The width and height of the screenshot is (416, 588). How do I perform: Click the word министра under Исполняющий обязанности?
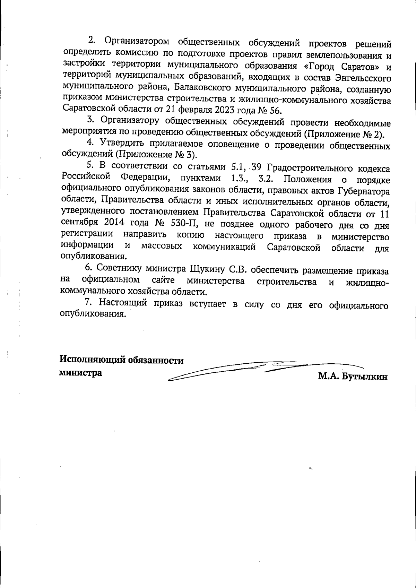(81, 373)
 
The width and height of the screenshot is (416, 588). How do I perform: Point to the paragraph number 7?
(88, 303)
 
